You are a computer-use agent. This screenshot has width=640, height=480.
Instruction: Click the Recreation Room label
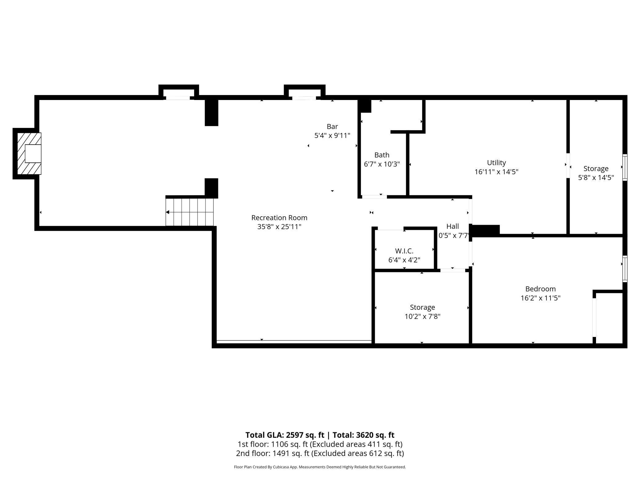click(x=279, y=218)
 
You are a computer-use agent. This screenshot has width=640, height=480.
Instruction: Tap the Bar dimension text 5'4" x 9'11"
click(x=332, y=136)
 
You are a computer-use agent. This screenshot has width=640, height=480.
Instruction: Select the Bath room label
click(x=382, y=155)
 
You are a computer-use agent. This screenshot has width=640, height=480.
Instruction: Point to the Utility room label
click(x=496, y=163)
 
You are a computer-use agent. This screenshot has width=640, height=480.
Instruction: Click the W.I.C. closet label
click(x=404, y=251)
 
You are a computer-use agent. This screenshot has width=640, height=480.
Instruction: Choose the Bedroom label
click(x=540, y=289)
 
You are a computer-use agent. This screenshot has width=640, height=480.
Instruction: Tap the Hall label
click(x=452, y=226)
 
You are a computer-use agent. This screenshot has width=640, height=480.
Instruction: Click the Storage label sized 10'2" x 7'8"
click(x=422, y=307)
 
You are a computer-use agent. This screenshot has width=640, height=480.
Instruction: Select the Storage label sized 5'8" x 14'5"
click(x=596, y=169)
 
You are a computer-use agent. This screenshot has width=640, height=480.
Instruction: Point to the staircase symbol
click(x=189, y=212)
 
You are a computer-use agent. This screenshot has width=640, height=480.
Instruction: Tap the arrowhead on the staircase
click(x=168, y=212)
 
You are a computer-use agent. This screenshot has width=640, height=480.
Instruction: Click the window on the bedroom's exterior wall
click(x=625, y=269)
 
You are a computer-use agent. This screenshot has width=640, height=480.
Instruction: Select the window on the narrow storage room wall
click(x=625, y=167)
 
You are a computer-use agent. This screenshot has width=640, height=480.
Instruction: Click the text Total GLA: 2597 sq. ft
click(x=285, y=435)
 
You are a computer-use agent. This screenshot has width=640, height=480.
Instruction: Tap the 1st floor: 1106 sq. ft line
click(x=320, y=444)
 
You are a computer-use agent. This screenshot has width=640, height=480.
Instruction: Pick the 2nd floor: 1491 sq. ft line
click(x=320, y=453)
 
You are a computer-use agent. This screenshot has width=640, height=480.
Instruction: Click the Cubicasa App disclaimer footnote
click(x=320, y=467)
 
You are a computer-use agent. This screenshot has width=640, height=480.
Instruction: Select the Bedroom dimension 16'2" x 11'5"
click(x=540, y=298)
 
